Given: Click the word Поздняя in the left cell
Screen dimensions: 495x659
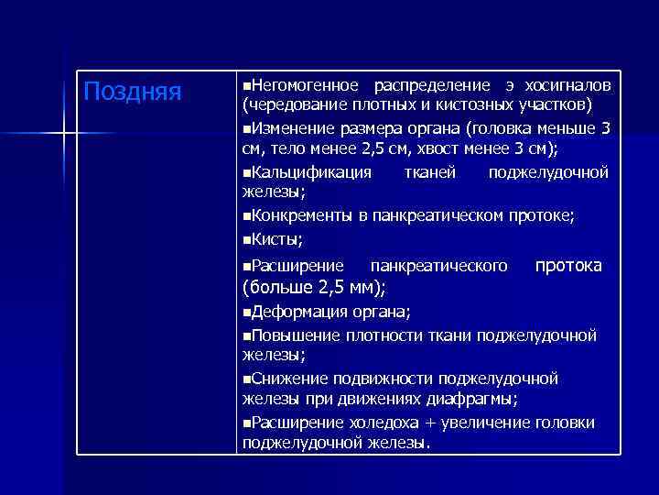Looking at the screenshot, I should coord(133,92).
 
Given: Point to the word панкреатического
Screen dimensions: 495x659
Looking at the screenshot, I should coord(438,266).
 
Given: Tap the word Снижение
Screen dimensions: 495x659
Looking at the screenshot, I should coord(287,378).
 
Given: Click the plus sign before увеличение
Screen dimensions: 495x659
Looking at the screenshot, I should coord(433,423).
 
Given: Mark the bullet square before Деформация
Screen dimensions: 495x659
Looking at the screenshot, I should coord(246,312).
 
